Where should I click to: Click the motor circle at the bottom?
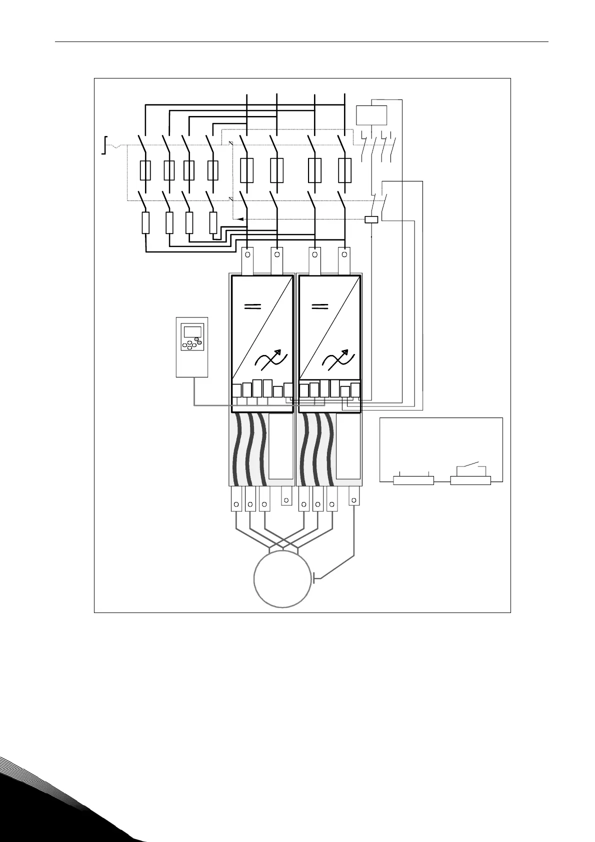point(282,579)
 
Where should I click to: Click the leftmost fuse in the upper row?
point(145,170)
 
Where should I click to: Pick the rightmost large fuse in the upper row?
point(344,170)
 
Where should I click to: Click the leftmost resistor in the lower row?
point(145,223)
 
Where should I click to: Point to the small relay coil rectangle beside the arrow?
point(371,219)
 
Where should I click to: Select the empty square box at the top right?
point(371,115)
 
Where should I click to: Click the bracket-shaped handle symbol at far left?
point(104,145)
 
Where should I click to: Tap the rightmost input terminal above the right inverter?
point(343,261)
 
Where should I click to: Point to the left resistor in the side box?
point(413,480)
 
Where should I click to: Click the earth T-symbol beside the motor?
point(314,579)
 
